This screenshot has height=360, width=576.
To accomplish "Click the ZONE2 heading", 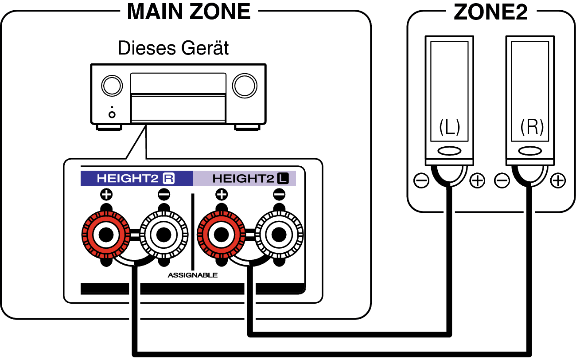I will coord(490,12).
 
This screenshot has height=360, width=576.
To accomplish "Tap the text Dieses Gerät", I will coord(173,48).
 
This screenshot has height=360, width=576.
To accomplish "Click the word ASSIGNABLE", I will coord(193,275).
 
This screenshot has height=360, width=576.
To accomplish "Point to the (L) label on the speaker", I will coord(449,128).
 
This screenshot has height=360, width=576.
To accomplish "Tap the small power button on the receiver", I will coord(112,114).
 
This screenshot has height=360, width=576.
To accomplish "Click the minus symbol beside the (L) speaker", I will coord(421,181).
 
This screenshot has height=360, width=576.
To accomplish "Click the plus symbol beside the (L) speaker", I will coord(477,181).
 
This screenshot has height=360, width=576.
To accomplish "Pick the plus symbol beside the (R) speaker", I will coord(558,181).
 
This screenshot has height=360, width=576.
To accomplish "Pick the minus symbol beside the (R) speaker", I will coord(502,181).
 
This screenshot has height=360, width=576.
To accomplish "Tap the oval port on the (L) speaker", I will coord(449,151).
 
